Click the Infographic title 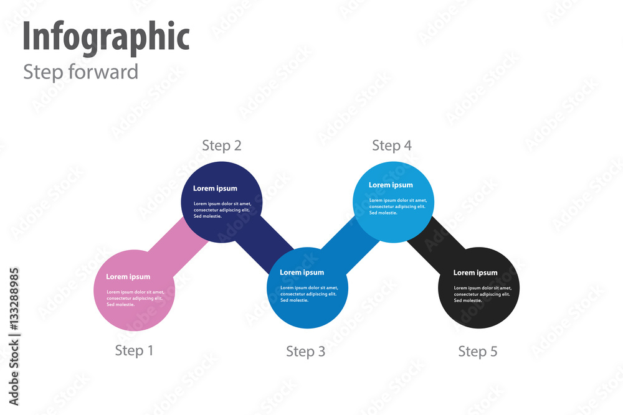tap(106, 37)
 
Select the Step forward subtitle tap(80, 72)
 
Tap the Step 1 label tap(134, 351)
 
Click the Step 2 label tap(221, 146)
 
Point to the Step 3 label tap(305, 352)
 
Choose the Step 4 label tap(391, 146)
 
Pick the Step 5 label tap(478, 352)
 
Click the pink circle tap(134, 311)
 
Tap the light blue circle tap(392, 224)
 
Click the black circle tap(478, 311)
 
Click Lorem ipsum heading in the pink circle tap(128, 277)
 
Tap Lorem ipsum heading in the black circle tap(475, 273)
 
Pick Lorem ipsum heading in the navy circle tap(215, 189)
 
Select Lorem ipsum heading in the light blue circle tap(391, 185)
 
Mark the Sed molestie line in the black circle tap(467, 301)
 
